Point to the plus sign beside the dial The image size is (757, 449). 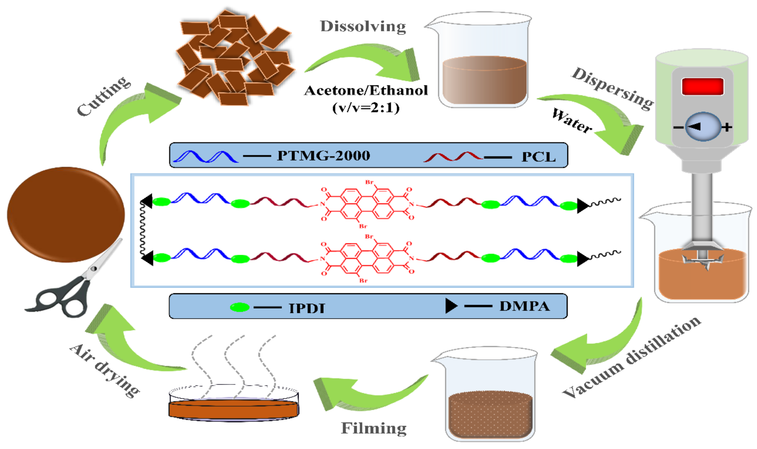[x=727, y=127]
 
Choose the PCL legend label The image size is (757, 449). [x=538, y=157]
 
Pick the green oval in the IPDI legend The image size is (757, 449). [x=240, y=307]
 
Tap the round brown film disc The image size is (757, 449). [x=66, y=214]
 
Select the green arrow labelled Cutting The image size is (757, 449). [x=133, y=115]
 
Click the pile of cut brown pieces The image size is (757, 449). [x=234, y=59]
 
